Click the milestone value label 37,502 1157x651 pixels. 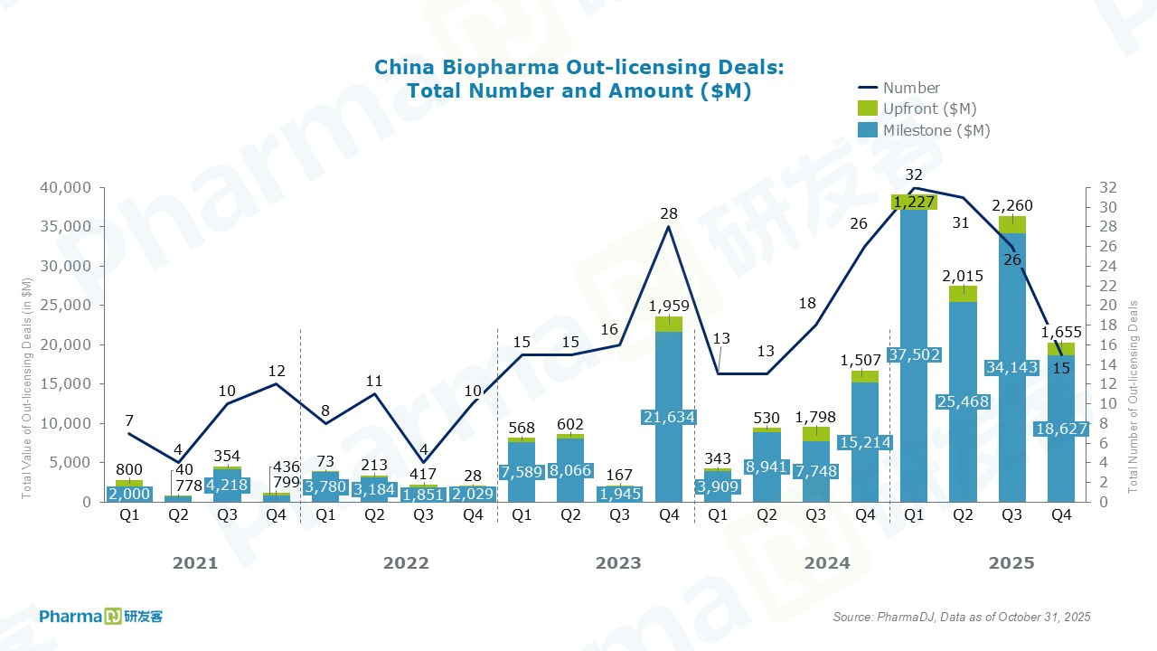pyautogui.click(x=914, y=353)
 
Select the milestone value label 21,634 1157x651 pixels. pyautogui.click(x=668, y=415)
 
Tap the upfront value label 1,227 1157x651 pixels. pyautogui.click(x=914, y=203)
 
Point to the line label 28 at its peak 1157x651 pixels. pyautogui.click(x=669, y=213)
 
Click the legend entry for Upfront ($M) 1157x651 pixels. pyautogui.click(x=929, y=109)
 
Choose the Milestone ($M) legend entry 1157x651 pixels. pyautogui.click(x=936, y=130)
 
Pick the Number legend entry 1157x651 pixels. pyautogui.click(x=910, y=88)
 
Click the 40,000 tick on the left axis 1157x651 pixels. pyautogui.click(x=68, y=188)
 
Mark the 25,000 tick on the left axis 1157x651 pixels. pyautogui.click(x=68, y=306)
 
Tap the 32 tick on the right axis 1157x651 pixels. pyautogui.click(x=1108, y=188)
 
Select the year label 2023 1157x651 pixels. pyautogui.click(x=618, y=563)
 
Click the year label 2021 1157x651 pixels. pyautogui.click(x=195, y=563)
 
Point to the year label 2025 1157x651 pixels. pyautogui.click(x=1011, y=563)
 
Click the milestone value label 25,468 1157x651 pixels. pyautogui.click(x=963, y=401)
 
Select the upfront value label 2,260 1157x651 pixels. pyautogui.click(x=1011, y=205)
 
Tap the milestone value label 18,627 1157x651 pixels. pyautogui.click(x=1061, y=429)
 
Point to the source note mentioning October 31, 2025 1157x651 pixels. pyautogui.click(x=961, y=617)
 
